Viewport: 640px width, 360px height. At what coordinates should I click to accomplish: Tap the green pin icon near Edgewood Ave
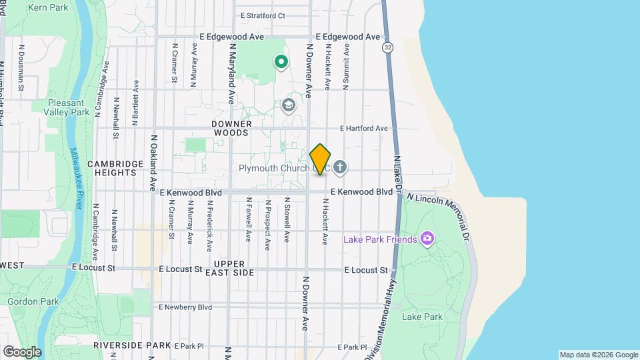281,63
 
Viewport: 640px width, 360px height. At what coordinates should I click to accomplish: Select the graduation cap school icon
288,105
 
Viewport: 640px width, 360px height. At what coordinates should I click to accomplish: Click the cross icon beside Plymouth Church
340,167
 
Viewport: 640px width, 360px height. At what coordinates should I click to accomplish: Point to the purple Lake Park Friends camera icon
427,239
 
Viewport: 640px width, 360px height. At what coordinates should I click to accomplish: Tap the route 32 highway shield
387,47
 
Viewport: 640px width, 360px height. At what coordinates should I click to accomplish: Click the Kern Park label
49,7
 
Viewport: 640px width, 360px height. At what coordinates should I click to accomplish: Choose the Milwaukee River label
75,179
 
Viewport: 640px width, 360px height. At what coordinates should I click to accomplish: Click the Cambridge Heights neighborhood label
116,168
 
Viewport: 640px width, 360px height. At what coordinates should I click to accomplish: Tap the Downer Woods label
232,129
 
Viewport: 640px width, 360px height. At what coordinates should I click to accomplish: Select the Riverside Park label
133,345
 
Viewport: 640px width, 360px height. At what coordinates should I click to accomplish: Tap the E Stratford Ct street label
263,15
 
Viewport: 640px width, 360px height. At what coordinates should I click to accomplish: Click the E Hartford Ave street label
363,128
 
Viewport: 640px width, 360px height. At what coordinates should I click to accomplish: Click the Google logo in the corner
21,351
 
